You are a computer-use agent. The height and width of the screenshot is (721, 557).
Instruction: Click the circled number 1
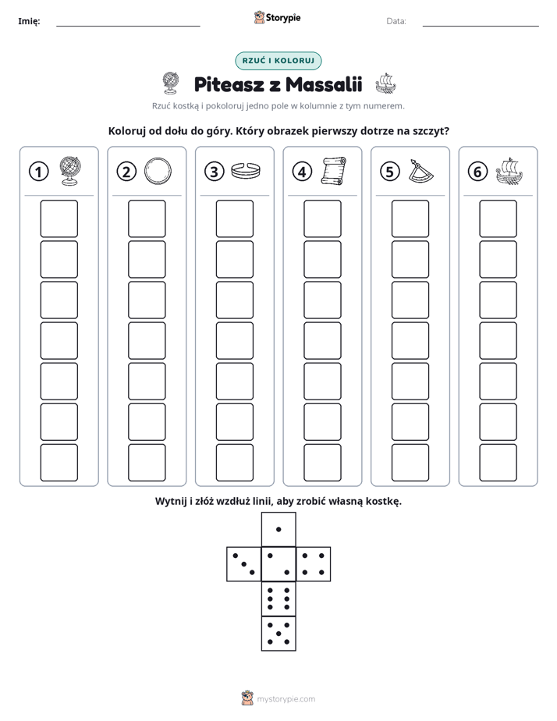pyautogui.click(x=38, y=172)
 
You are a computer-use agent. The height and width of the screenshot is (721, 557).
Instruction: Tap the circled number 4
pyautogui.click(x=302, y=172)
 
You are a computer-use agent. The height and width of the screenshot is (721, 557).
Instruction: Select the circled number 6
pyautogui.click(x=477, y=172)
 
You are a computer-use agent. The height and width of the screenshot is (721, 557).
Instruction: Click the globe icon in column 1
pyautogui.click(x=70, y=171)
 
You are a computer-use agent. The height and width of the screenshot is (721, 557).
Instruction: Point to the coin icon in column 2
pyautogui.click(x=158, y=171)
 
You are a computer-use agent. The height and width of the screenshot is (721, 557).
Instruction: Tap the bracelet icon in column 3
pyautogui.click(x=246, y=171)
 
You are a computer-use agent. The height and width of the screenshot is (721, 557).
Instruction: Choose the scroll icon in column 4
pyautogui.click(x=334, y=171)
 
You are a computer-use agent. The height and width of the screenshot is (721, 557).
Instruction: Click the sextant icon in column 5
pyautogui.click(x=421, y=171)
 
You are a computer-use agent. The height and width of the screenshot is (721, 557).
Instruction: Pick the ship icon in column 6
pyautogui.click(x=509, y=171)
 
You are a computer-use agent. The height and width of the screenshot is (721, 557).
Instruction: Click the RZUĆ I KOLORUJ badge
pyautogui.click(x=278, y=61)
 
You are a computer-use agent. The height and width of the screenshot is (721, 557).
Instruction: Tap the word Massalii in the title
pyautogui.click(x=324, y=84)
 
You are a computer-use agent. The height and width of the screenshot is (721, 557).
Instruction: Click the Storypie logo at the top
pyautogui.click(x=277, y=17)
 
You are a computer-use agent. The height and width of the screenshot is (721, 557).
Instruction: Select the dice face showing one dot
pyautogui.click(x=278, y=529)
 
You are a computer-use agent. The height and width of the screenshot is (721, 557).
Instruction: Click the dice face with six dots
pyautogui.click(x=278, y=598)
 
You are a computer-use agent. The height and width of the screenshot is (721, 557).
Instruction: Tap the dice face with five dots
pyautogui.click(x=278, y=633)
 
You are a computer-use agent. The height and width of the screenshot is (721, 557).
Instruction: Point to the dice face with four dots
pyautogui.click(x=314, y=563)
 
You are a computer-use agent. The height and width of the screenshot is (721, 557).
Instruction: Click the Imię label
pyautogui.click(x=29, y=21)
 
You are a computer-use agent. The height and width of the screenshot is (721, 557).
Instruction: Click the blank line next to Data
pyautogui.click(x=481, y=26)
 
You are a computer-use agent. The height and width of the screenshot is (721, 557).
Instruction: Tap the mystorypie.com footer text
pyautogui.click(x=286, y=699)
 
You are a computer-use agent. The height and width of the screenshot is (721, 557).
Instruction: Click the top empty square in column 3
pyautogui.click(x=234, y=218)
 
